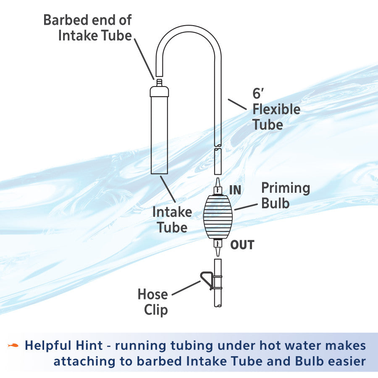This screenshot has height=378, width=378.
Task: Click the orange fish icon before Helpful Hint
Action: pos(13,345)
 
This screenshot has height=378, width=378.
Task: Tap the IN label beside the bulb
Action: pos(235,190)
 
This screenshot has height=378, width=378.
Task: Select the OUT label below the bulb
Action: pos(242,244)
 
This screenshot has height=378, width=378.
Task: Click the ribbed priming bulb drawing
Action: pos(217,217)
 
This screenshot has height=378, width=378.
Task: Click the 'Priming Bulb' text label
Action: pos(286,195)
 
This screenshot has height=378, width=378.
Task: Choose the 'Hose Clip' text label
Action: pos(153,302)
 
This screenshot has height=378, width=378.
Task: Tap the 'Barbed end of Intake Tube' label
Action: pos(88,27)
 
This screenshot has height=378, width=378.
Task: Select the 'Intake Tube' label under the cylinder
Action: pos(172,219)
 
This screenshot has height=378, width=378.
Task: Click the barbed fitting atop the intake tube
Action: pos(159,82)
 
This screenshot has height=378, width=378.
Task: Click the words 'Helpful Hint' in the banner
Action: pos(63,346)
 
